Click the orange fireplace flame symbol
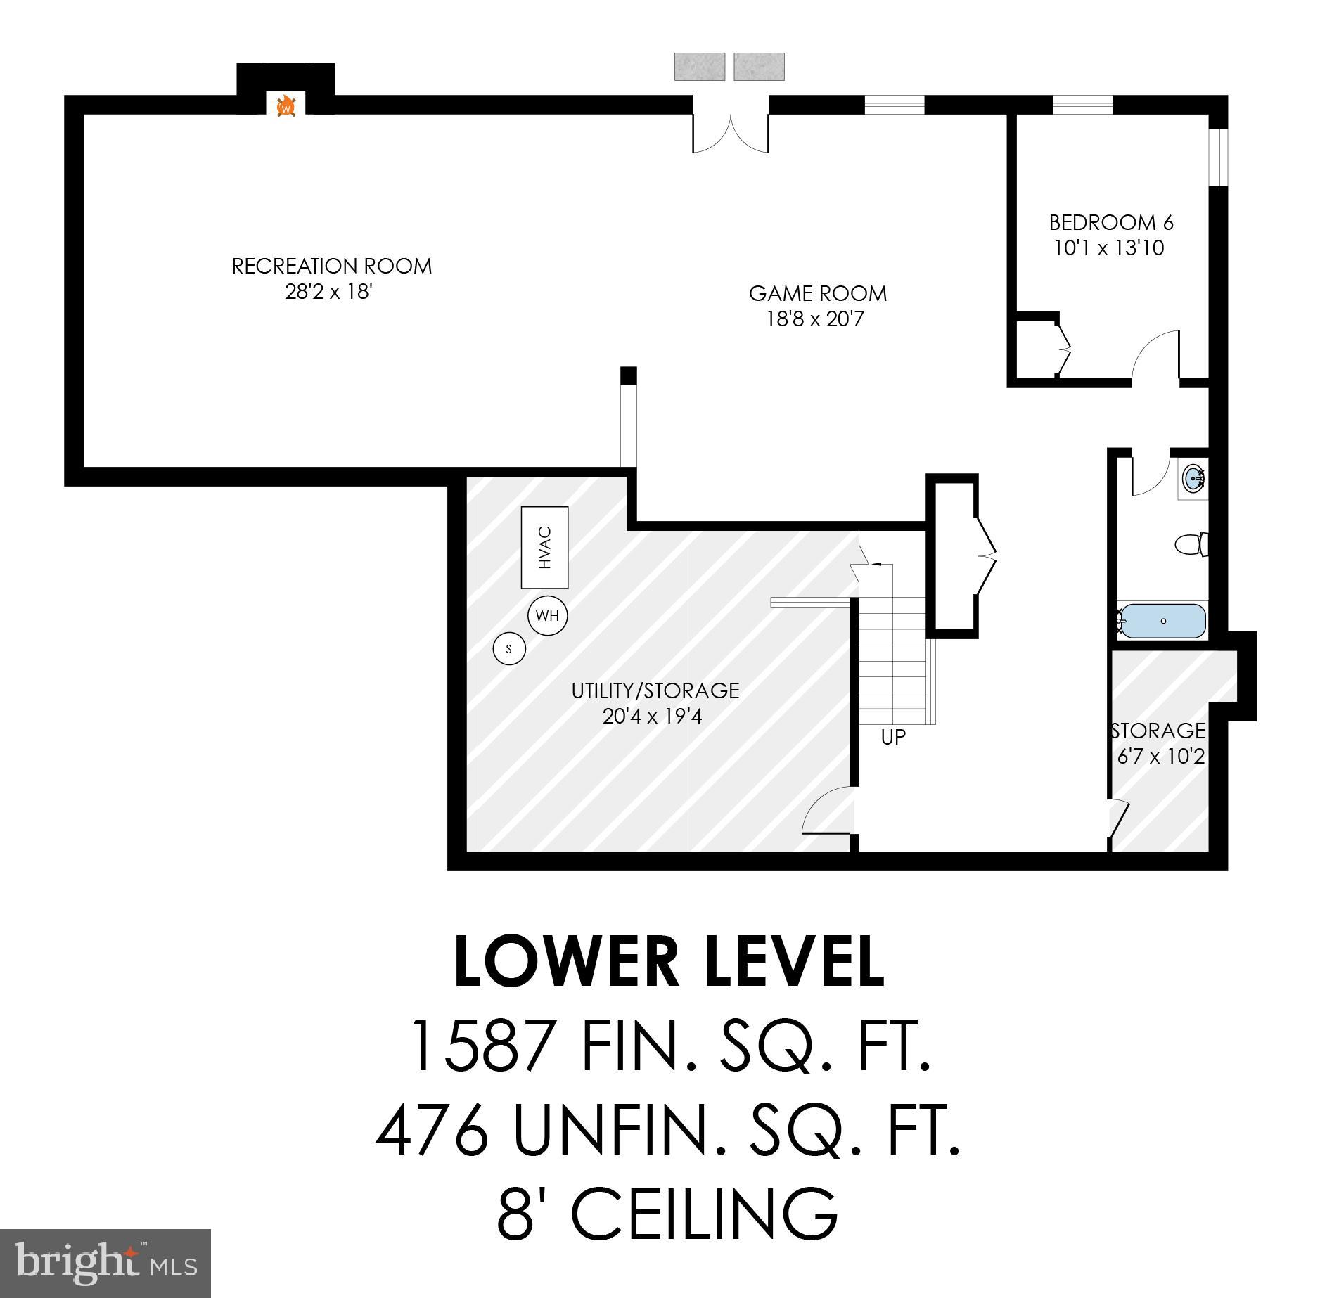point(286,107)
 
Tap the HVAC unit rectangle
point(544,548)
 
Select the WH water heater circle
point(547,616)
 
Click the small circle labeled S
point(509,648)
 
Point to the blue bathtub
point(1162,621)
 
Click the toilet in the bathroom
point(1191,544)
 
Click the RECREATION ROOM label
point(331,266)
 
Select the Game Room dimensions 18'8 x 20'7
point(814,320)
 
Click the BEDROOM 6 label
point(1110,223)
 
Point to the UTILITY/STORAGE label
point(655,690)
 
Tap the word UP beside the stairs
point(892,738)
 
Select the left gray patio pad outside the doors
point(699,67)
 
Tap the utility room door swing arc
point(828,811)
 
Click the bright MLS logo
point(105,1263)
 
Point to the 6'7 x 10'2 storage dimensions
point(1160,757)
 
